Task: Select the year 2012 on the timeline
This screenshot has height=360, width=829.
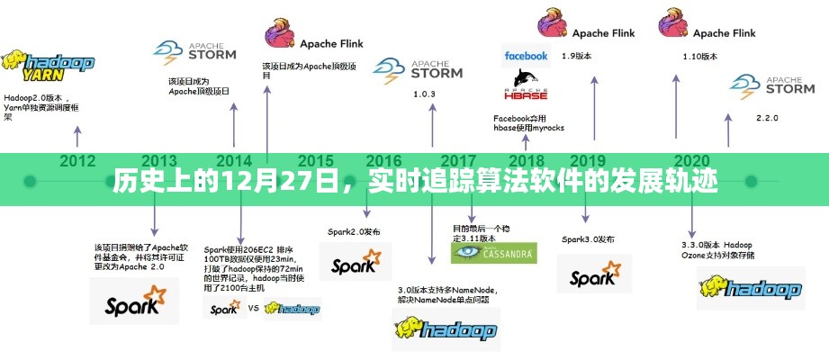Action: point(77,161)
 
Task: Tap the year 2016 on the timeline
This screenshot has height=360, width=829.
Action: point(384,161)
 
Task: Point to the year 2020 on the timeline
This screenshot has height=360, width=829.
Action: point(692,161)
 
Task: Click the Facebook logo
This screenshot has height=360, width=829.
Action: point(526,56)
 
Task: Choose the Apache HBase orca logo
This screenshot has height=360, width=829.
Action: point(526,85)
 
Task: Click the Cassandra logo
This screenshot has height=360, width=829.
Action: point(493,253)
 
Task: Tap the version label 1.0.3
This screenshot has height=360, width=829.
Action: point(424,94)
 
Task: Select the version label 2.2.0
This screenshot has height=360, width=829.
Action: point(767,118)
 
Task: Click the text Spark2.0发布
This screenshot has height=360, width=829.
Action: point(355,231)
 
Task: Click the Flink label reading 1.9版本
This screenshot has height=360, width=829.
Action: point(576,56)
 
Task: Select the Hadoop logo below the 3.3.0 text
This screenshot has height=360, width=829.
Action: point(750,288)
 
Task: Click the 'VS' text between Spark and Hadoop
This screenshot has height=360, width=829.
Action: point(255,308)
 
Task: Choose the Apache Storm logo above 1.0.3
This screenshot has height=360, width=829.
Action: point(418,68)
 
